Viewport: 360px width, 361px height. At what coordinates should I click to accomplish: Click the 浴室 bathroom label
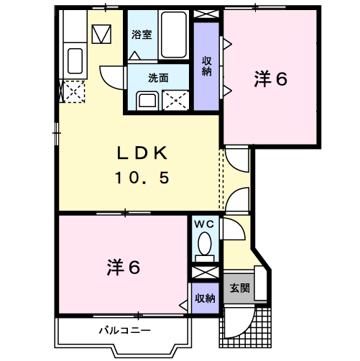(x=142, y=34)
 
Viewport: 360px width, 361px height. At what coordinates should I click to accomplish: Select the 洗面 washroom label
(x=158, y=78)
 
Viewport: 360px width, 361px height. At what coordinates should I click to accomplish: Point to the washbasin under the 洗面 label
(x=148, y=100)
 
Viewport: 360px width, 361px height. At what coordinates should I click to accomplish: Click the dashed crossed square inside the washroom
(x=177, y=100)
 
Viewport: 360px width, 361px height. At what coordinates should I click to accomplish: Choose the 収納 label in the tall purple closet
(x=206, y=66)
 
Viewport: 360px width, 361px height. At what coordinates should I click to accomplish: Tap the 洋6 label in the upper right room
(x=269, y=79)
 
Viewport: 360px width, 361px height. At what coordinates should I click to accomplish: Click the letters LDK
(x=142, y=153)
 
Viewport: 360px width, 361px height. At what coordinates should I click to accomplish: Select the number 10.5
(x=142, y=177)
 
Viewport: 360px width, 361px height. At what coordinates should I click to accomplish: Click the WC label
(x=205, y=224)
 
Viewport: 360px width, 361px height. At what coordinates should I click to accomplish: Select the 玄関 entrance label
(x=239, y=288)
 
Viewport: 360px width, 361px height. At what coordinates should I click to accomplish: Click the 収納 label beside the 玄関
(x=205, y=298)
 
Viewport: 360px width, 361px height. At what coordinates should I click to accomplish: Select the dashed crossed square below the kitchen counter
(x=74, y=91)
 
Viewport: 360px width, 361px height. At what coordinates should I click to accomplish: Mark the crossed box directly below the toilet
(x=205, y=274)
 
